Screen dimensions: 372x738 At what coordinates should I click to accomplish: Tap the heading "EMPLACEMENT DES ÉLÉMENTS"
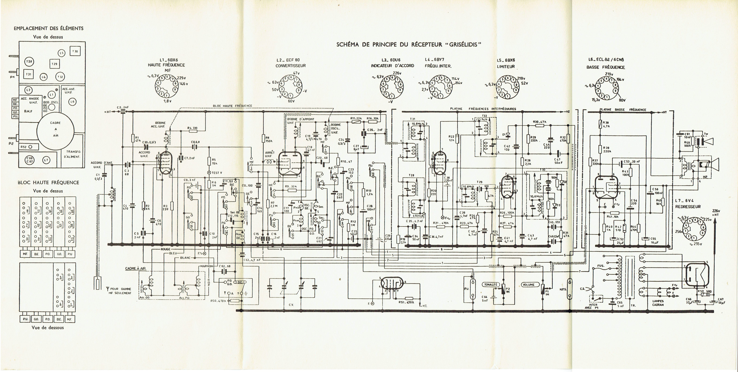[49, 28]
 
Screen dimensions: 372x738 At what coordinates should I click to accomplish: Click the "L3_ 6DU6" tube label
[392, 60]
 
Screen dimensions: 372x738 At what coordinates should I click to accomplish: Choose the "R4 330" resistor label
[192, 128]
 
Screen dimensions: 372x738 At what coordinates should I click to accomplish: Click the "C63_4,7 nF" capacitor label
[252, 260]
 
